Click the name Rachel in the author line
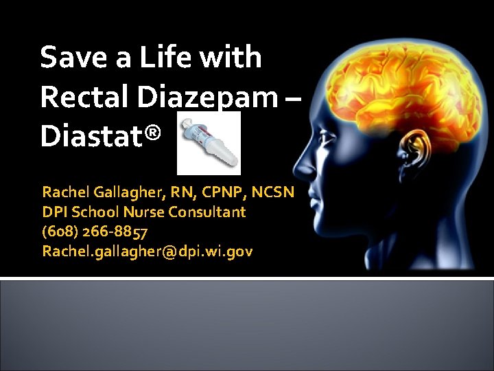[65, 192]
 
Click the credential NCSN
[273, 192]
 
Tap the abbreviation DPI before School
[54, 212]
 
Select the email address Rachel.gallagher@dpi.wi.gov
[147, 251]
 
